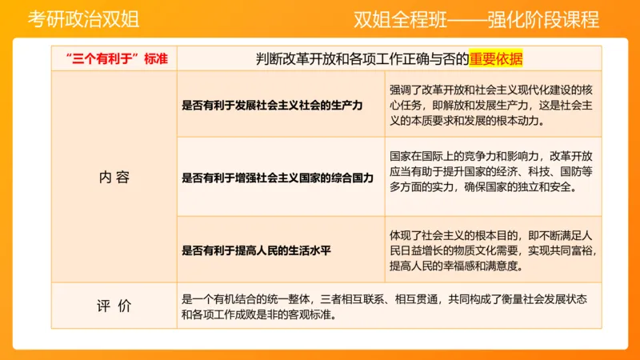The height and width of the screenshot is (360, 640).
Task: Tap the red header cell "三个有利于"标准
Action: tap(115, 58)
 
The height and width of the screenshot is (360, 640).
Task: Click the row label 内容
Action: tap(114, 178)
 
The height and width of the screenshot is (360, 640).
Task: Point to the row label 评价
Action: tap(114, 306)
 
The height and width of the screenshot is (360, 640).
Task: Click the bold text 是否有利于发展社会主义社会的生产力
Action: tap(273, 105)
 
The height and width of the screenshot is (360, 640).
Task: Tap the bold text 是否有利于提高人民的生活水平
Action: tap(257, 250)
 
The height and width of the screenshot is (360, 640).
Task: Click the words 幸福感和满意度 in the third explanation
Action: tap(490, 266)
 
